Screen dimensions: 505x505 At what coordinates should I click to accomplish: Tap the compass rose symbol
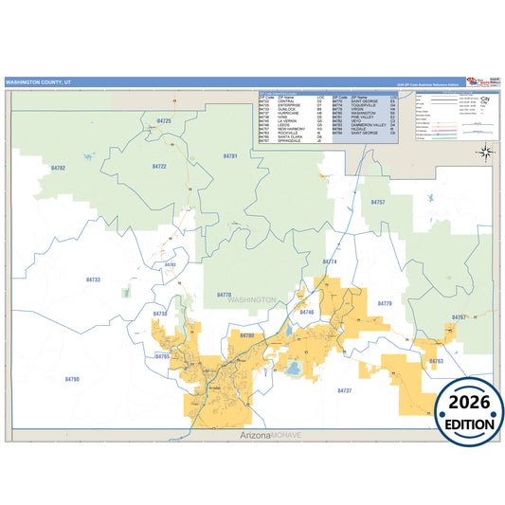click(x=484, y=153)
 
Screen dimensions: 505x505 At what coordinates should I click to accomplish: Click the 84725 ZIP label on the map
click(x=164, y=121)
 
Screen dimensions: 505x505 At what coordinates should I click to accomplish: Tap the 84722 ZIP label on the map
click(x=159, y=166)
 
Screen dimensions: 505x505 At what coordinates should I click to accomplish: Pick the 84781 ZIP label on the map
click(x=230, y=154)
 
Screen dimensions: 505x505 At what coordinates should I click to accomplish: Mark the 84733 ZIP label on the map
click(x=93, y=280)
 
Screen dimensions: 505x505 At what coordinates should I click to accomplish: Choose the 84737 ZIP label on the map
click(x=345, y=389)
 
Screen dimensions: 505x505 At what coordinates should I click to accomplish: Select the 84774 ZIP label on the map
click(x=330, y=261)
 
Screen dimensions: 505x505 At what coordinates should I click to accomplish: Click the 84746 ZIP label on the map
click(x=306, y=312)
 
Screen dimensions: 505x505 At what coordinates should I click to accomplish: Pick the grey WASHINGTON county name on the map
click(x=251, y=299)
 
